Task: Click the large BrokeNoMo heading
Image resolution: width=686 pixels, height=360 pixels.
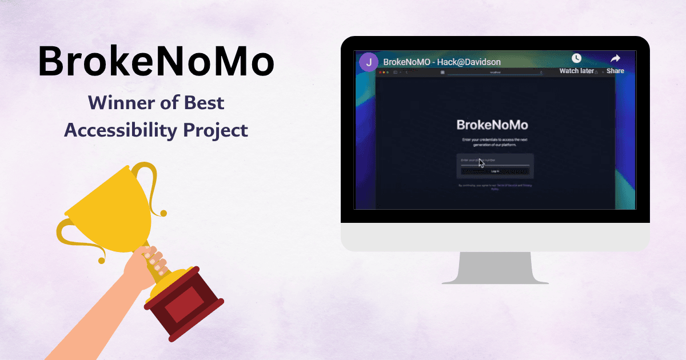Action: point(155,62)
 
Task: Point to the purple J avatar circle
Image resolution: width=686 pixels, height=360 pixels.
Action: point(369,62)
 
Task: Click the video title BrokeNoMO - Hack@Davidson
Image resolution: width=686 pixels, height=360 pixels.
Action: point(441,62)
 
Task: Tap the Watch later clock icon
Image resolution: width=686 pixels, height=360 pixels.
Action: point(576,59)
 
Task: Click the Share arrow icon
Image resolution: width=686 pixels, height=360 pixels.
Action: point(615,59)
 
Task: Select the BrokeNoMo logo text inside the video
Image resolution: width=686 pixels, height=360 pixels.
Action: point(492,125)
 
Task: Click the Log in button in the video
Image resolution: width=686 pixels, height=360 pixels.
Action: point(495,171)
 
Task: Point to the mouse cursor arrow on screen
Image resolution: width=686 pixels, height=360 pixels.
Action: point(481,163)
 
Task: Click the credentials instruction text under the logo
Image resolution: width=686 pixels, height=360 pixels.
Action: point(494,142)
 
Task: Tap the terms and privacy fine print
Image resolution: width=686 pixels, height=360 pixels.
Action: point(495,187)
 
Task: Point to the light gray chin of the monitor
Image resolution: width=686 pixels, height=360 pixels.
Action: point(495,237)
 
